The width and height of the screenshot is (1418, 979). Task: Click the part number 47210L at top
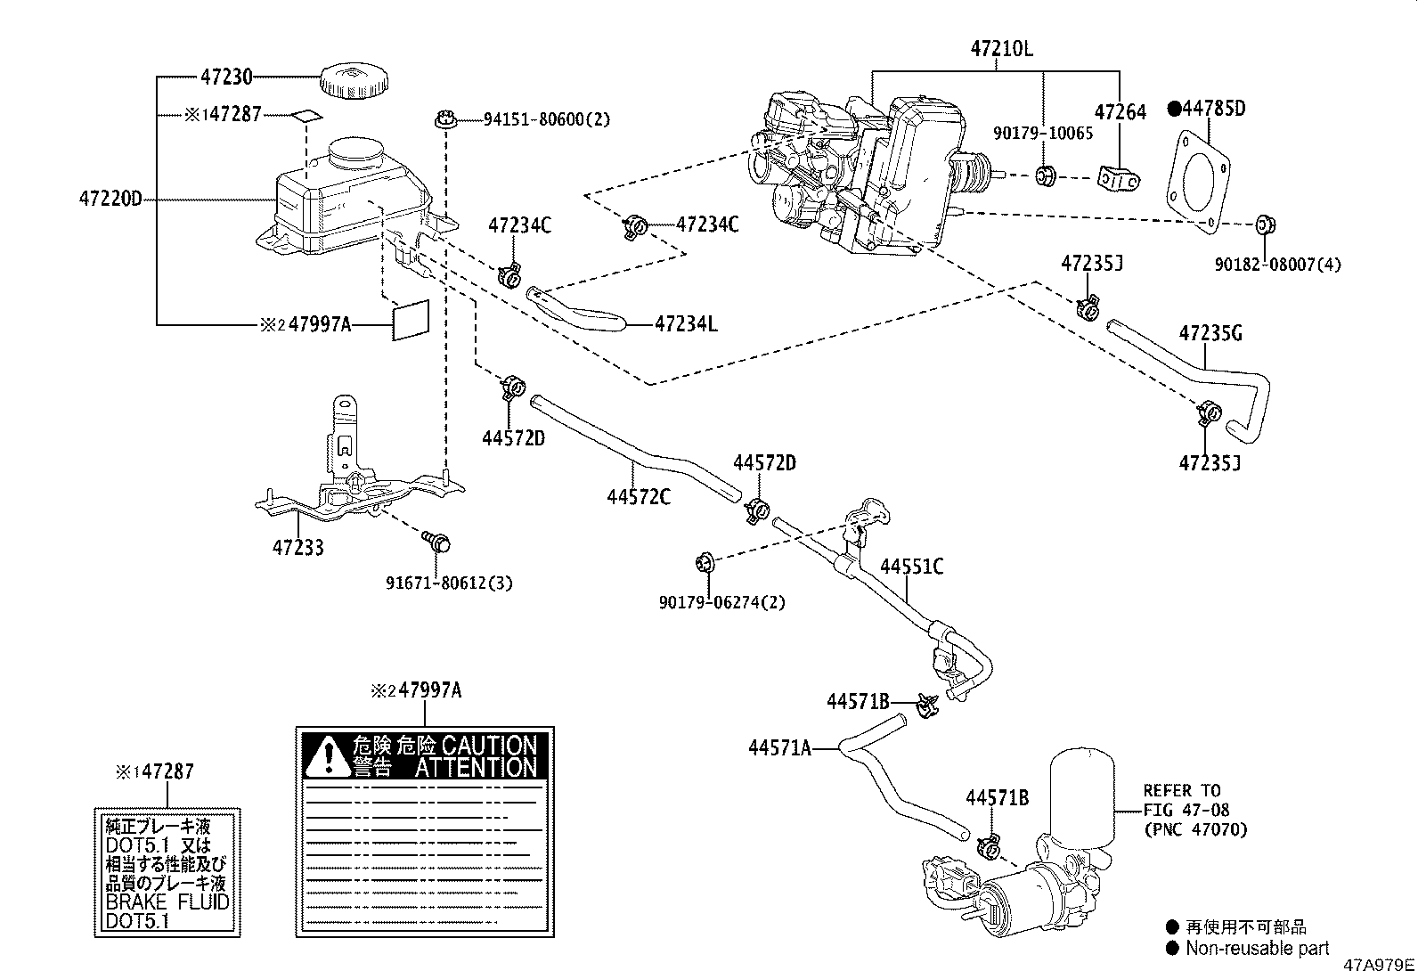(1002, 49)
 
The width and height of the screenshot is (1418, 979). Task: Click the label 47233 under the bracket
(297, 547)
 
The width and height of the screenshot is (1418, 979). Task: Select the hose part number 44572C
(638, 496)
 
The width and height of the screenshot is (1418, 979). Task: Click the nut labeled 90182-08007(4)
(1264, 224)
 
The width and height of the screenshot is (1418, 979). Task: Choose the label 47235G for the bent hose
(1210, 334)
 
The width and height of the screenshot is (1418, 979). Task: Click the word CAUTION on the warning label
(489, 746)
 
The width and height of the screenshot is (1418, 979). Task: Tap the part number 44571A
(779, 748)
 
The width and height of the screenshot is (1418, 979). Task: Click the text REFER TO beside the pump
(1182, 790)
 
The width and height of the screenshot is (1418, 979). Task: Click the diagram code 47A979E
(1379, 966)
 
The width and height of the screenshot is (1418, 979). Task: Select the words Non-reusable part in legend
(1257, 948)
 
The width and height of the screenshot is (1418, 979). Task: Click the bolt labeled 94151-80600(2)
(446, 119)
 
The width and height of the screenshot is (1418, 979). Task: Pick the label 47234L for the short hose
(686, 324)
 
